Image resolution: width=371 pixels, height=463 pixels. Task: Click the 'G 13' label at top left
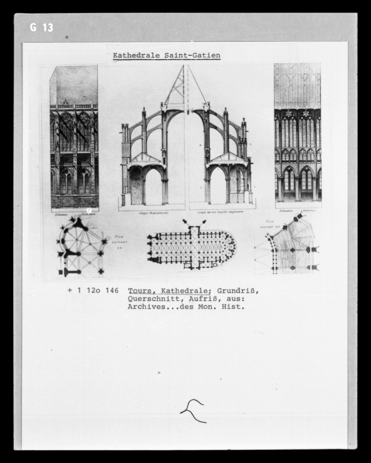point(41,27)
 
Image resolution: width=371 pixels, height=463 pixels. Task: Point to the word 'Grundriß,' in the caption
point(238,291)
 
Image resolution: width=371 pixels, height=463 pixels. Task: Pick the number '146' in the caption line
point(112,291)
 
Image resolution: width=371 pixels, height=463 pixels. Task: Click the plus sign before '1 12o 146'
point(70,291)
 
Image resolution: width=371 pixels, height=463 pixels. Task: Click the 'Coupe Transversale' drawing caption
point(154,213)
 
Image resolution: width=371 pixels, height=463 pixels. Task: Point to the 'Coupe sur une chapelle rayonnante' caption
point(220,212)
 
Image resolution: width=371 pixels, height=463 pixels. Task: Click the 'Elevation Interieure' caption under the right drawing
point(297,210)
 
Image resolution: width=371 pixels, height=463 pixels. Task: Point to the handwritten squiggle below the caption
point(193,411)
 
